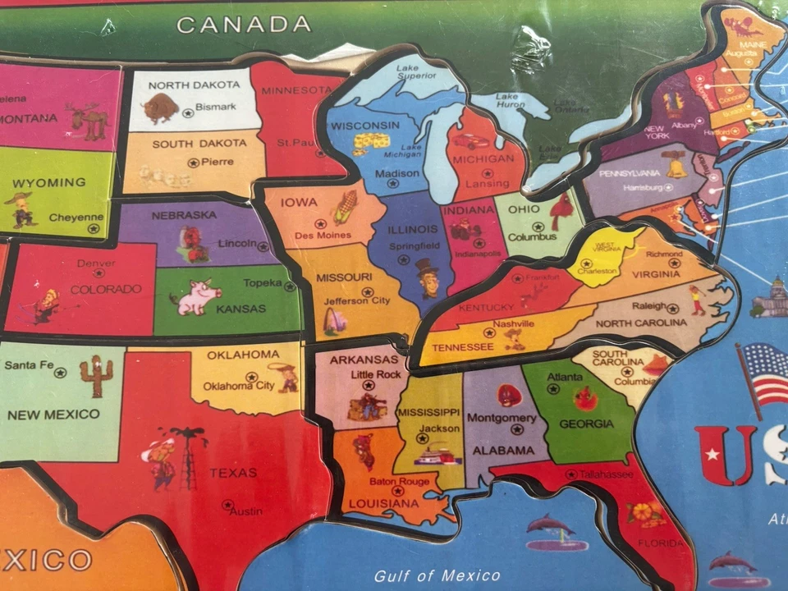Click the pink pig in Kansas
click(x=195, y=296)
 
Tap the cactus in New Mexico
click(x=96, y=376)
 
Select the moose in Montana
click(x=89, y=121)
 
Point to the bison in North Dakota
click(x=160, y=108)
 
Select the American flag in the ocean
click(x=763, y=373)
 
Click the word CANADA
click(x=244, y=25)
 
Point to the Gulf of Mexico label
click(x=437, y=575)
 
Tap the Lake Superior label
click(x=418, y=73)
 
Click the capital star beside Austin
click(x=227, y=504)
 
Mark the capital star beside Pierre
click(x=193, y=163)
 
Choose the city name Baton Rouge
click(x=399, y=482)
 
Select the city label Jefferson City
click(x=357, y=301)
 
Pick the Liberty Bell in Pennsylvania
click(x=676, y=165)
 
